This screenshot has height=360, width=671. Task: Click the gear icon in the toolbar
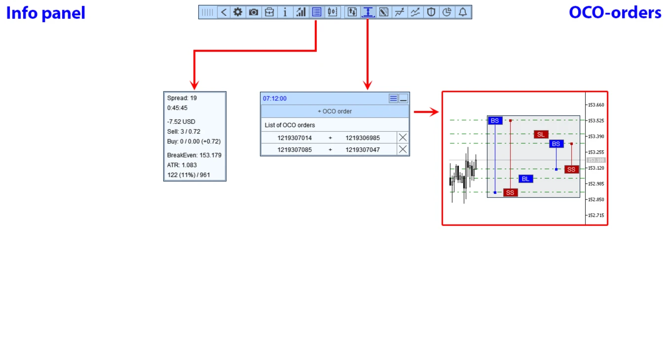[237, 12]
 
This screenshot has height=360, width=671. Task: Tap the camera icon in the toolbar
[254, 12]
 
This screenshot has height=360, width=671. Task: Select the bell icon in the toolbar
[462, 12]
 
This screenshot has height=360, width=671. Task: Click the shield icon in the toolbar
[431, 12]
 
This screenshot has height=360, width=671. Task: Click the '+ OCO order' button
[335, 111]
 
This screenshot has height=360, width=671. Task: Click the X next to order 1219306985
[403, 138]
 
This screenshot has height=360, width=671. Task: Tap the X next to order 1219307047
[403, 149]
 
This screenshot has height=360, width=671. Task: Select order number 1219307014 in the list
[295, 138]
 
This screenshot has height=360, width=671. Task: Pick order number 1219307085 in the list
[295, 150]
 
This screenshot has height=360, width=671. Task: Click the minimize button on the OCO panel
[403, 99]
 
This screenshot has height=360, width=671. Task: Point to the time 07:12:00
[275, 99]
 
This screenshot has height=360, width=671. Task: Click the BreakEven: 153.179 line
[194, 155]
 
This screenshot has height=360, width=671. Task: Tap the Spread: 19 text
[182, 98]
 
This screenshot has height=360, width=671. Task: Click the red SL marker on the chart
[541, 135]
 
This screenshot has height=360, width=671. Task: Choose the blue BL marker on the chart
[526, 179]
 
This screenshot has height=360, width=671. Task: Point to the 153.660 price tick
[596, 105]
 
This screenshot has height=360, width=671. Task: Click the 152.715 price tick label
[596, 215]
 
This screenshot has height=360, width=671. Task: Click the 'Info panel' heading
[45, 13]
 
